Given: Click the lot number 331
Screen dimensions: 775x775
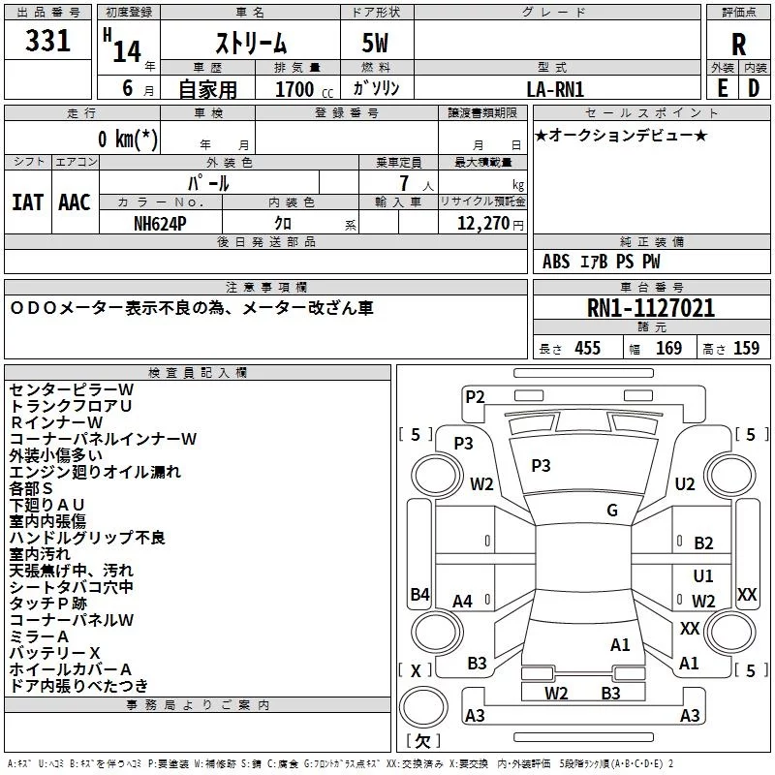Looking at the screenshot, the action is pyautogui.click(x=47, y=41).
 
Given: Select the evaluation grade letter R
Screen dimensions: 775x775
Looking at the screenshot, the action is pyautogui.click(x=738, y=45).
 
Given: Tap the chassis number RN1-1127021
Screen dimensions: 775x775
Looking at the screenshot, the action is pyautogui.click(x=651, y=308).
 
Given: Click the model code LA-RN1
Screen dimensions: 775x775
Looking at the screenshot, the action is pyautogui.click(x=555, y=89).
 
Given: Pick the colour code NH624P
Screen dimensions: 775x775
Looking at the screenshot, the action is pyautogui.click(x=160, y=224).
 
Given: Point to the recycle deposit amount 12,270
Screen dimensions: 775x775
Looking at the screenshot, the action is pyautogui.click(x=482, y=223).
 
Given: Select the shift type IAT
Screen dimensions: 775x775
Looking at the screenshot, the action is pyautogui.click(x=27, y=202).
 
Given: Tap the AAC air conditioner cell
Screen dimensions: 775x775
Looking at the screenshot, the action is pyautogui.click(x=75, y=202).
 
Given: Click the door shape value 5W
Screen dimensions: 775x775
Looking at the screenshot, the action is pyautogui.click(x=375, y=43).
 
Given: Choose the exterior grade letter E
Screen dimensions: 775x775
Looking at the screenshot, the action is pyautogui.click(x=722, y=88).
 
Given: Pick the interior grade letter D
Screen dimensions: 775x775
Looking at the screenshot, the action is pyautogui.click(x=754, y=88).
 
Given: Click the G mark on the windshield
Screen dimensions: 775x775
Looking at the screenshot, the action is pyautogui.click(x=612, y=511).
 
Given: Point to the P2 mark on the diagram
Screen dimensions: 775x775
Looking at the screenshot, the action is pyautogui.click(x=475, y=397).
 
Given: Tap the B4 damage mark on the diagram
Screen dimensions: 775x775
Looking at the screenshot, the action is pyautogui.click(x=419, y=594).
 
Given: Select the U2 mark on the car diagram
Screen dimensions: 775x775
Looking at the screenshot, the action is pyautogui.click(x=685, y=483).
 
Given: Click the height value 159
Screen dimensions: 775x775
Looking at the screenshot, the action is pyautogui.click(x=746, y=348).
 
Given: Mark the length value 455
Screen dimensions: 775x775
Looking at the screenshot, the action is pyautogui.click(x=588, y=348).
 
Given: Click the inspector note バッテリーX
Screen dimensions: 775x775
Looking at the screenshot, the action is pyautogui.click(x=55, y=653).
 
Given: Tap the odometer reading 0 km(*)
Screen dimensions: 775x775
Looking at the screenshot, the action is pyautogui.click(x=128, y=139).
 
